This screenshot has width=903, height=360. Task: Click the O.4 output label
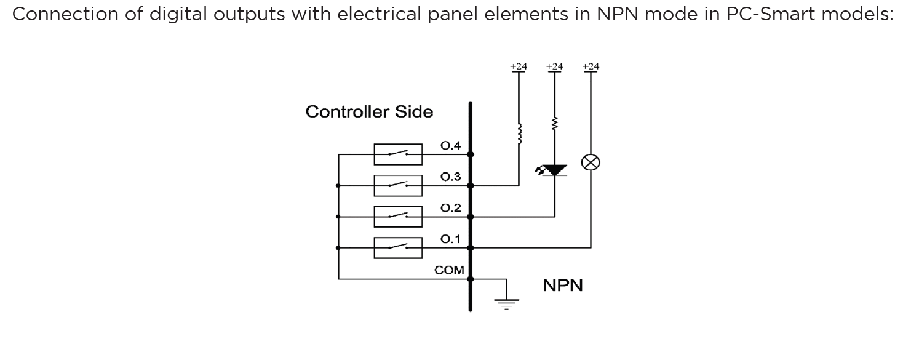pos(451,146)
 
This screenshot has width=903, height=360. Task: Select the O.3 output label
pos(451,177)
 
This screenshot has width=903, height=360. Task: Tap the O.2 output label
pos(451,208)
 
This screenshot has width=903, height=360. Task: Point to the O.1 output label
pos(451,239)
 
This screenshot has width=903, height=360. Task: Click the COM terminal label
pos(449,270)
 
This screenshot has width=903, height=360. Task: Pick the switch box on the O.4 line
pos(398,154)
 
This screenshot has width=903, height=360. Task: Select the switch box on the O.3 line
pos(398,185)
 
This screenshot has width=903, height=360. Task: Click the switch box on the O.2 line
pos(398,217)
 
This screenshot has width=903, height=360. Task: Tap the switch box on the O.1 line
pos(398,248)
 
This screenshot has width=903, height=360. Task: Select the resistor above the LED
pos(555,125)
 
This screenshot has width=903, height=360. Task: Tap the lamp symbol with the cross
pos(591,162)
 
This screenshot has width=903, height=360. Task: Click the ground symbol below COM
pos(507,302)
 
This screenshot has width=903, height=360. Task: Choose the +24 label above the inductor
pos(518,66)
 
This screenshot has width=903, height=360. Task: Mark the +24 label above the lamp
pos(591,66)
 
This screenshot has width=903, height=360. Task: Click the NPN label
pos(563,286)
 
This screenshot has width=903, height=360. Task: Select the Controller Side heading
pos(369,112)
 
